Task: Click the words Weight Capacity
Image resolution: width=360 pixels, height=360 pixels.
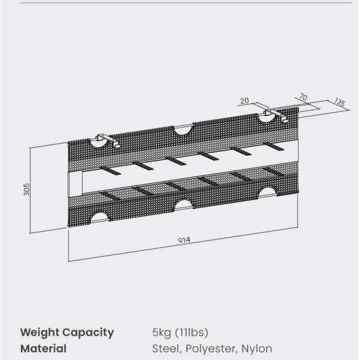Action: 67,333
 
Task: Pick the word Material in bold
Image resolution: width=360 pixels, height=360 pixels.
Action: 43,348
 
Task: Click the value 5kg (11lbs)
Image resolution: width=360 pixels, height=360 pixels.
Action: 180,333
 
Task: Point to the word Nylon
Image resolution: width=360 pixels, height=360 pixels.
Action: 256,348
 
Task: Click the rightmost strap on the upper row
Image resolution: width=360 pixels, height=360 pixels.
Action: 274,146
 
